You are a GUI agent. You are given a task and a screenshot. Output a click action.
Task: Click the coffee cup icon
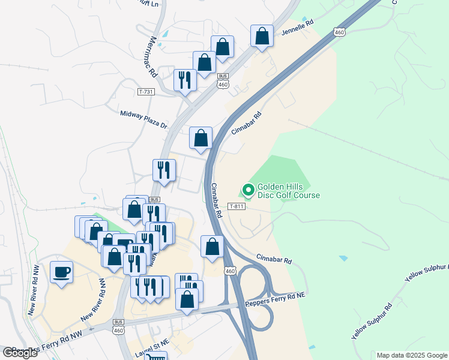tap(62, 273)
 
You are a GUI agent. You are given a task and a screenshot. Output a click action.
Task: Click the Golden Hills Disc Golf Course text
tap(288, 191)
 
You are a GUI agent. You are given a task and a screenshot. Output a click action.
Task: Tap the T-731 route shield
tap(146, 92)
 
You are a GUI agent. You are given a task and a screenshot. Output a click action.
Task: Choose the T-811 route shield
tap(237, 206)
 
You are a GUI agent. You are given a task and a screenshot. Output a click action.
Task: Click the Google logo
tap(20, 353)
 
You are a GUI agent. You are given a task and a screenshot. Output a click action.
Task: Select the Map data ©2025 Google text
tap(412, 355)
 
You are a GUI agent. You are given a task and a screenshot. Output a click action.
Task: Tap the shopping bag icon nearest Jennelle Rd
tap(262, 37)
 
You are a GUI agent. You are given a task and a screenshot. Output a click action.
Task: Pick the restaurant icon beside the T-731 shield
tap(185, 80)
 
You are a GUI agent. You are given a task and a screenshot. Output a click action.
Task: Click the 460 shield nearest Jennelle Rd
tap(340, 32)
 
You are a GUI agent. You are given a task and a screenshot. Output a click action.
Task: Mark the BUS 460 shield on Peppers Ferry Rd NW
tap(118, 327)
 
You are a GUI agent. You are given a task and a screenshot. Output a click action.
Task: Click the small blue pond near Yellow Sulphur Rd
tap(343, 258)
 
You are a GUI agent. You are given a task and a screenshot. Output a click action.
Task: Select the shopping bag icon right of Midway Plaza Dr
tap(201, 138)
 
